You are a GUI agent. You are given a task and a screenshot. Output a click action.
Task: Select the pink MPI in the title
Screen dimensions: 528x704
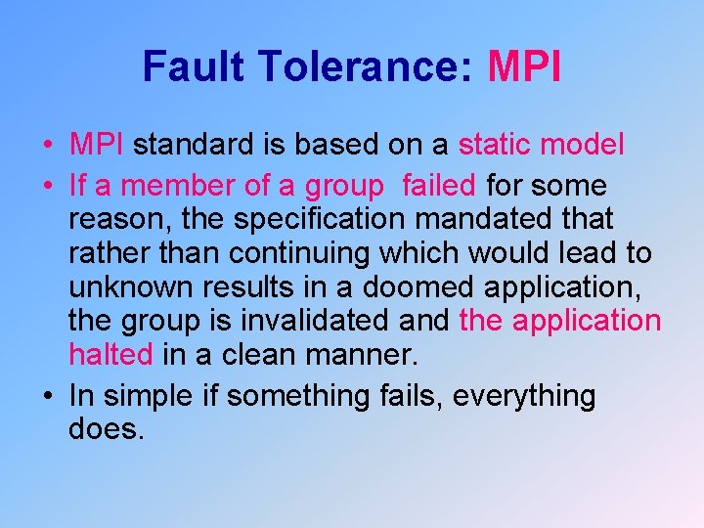pyautogui.click(x=524, y=67)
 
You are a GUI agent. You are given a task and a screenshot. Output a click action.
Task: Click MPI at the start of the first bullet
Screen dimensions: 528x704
pyautogui.click(x=96, y=145)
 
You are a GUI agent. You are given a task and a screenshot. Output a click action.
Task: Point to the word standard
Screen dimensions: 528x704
pyautogui.click(x=195, y=145)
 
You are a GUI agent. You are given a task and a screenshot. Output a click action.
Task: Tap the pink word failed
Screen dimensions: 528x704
pyautogui.click(x=438, y=185)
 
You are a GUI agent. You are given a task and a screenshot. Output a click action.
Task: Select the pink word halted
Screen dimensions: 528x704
pyautogui.click(x=110, y=353)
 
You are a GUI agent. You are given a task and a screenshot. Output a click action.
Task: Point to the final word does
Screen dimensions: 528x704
pyautogui.click(x=107, y=429)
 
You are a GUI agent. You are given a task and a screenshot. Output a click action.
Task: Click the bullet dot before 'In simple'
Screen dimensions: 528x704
pyautogui.click(x=48, y=396)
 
